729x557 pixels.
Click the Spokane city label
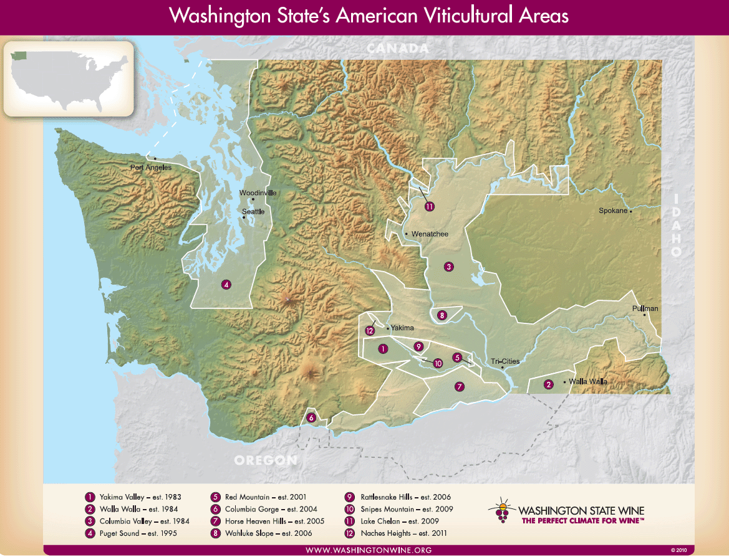pyautogui.click(x=612, y=211)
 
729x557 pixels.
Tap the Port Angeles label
pyautogui.click(x=150, y=167)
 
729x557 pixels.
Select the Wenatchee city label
pyautogui.click(x=429, y=234)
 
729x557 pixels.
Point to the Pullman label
pyautogui.click(x=644, y=308)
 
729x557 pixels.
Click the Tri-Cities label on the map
pyautogui.click(x=505, y=361)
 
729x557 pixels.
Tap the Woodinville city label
pyautogui.click(x=258, y=193)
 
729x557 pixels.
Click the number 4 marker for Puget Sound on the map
pyautogui.click(x=226, y=285)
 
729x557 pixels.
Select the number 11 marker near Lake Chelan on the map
pyautogui.click(x=429, y=207)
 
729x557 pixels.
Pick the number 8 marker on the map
pyautogui.click(x=442, y=315)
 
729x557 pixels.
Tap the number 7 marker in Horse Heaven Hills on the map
pyautogui.click(x=460, y=386)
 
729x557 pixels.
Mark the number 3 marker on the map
pyautogui.click(x=448, y=267)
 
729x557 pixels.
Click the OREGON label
pyautogui.click(x=266, y=460)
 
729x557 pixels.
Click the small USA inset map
pyautogui.click(x=69, y=79)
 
